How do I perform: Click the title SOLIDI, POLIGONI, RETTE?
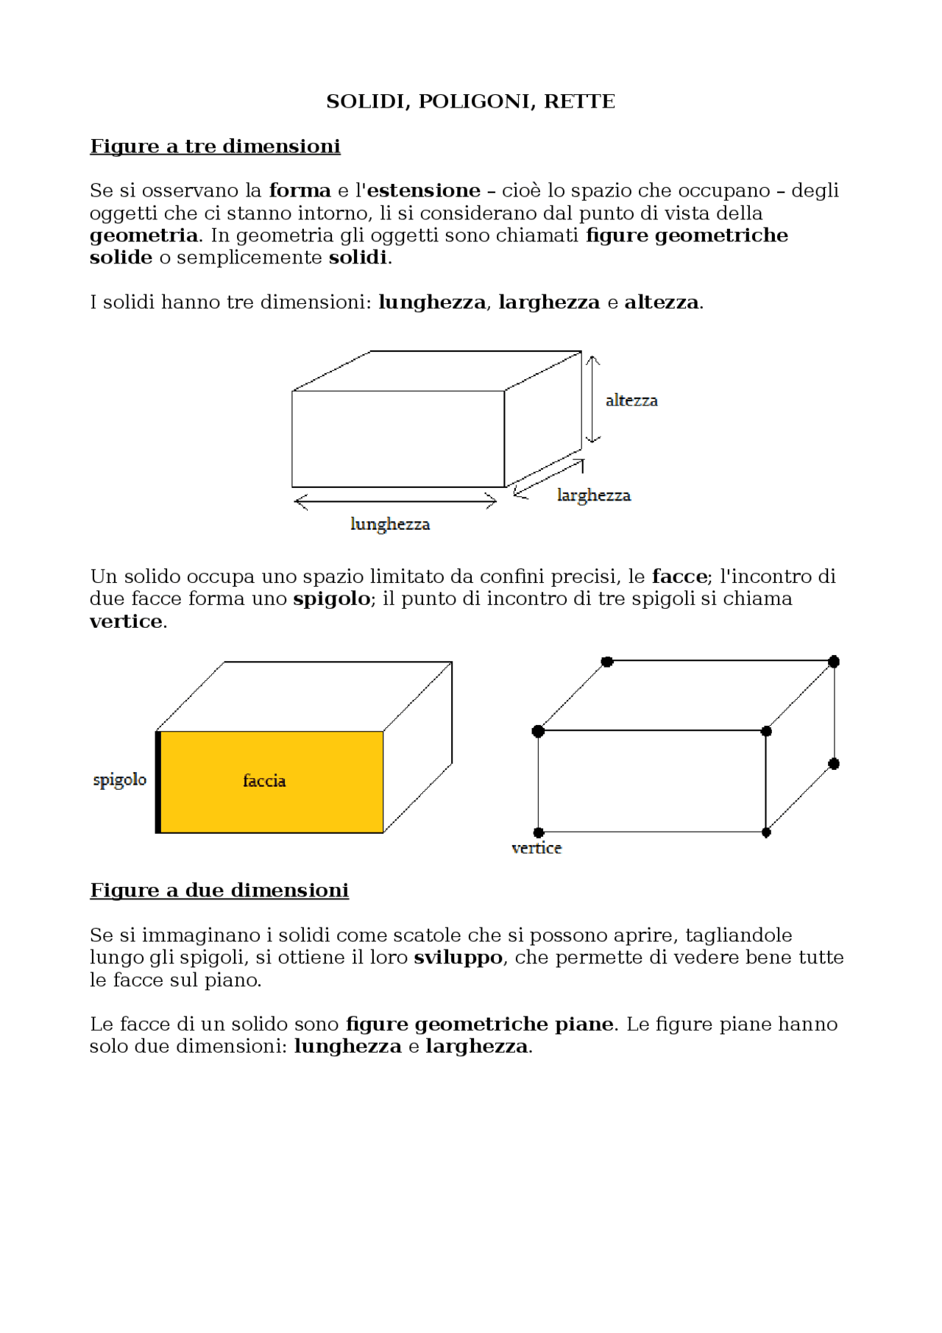click(470, 102)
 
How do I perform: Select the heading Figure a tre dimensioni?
click(215, 146)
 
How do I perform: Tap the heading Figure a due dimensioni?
click(219, 891)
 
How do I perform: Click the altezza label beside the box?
click(631, 400)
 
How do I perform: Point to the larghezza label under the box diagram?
click(593, 495)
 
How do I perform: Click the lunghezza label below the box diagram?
click(390, 524)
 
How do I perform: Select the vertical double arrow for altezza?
click(592, 399)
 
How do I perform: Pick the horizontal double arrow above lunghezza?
click(395, 502)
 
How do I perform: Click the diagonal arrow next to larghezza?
click(548, 478)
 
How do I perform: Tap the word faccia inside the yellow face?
click(264, 781)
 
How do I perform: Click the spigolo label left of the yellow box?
click(119, 779)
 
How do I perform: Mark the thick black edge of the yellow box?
click(158, 782)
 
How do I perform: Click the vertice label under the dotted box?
click(536, 849)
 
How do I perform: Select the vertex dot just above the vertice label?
click(539, 832)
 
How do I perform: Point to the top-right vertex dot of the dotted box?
click(833, 662)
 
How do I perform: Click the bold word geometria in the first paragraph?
click(144, 236)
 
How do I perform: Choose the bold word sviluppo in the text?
click(458, 958)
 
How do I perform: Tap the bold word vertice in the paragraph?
click(126, 622)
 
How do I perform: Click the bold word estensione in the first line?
click(423, 191)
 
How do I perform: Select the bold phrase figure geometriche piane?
click(479, 1025)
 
